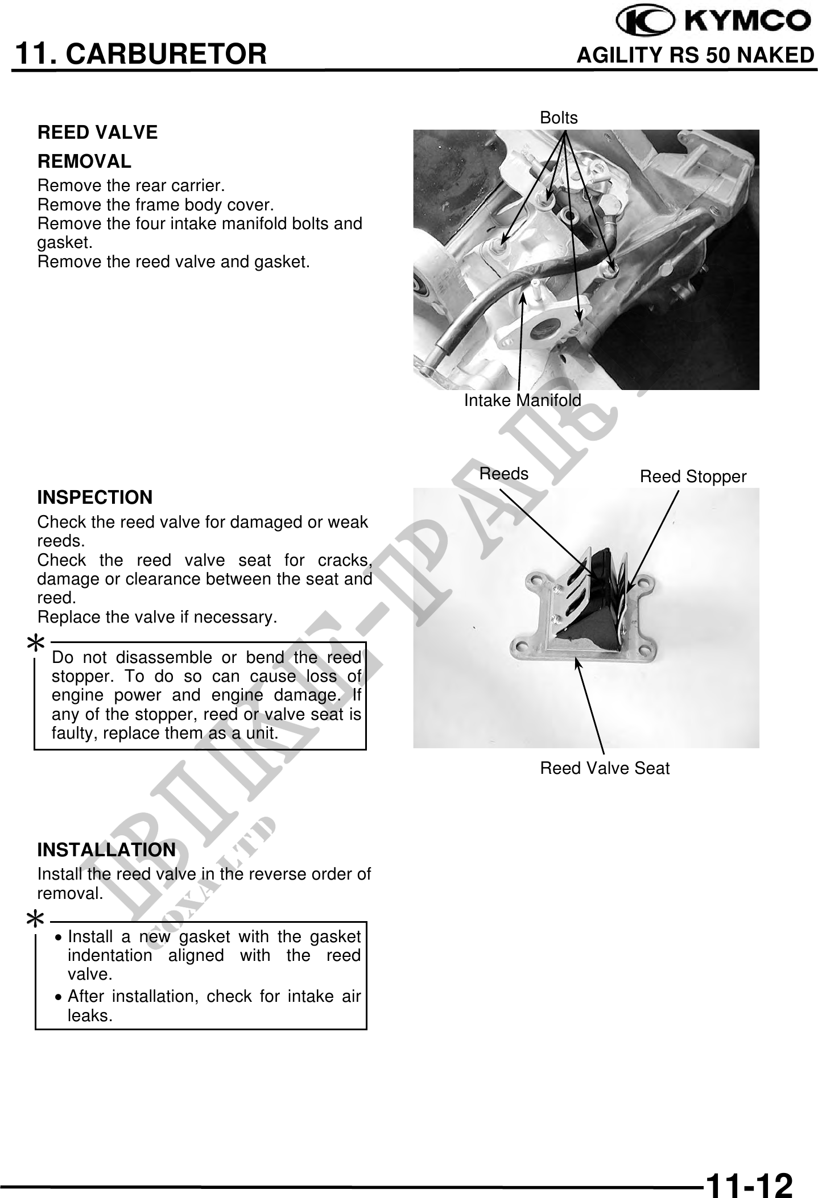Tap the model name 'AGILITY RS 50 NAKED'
pyautogui.click(x=695, y=55)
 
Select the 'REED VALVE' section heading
pyautogui.click(x=97, y=132)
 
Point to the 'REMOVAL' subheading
pyautogui.click(x=84, y=161)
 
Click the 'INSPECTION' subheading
pyautogui.click(x=94, y=498)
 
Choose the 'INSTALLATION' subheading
pyautogui.click(x=106, y=850)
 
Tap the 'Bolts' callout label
pyautogui.click(x=559, y=118)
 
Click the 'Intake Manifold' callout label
pyautogui.click(x=522, y=400)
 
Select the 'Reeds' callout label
pyautogui.click(x=504, y=474)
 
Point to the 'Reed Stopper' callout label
pyautogui.click(x=693, y=476)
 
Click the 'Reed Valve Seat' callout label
pyautogui.click(x=605, y=768)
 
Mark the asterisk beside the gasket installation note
pyautogui.click(x=36, y=918)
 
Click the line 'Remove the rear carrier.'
pyautogui.click(x=131, y=186)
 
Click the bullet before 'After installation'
pyautogui.click(x=60, y=997)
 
